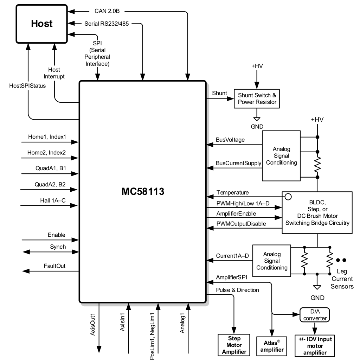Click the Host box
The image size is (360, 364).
point(41,24)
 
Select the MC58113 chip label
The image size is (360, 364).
point(143,191)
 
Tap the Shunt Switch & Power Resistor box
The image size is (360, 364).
point(257,99)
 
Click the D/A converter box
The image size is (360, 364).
point(315,315)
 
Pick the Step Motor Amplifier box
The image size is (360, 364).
point(234,345)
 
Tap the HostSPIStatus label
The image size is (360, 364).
point(27,85)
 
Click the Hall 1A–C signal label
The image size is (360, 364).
point(52,200)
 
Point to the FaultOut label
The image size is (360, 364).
point(54,266)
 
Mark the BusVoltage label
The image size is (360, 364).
point(230,140)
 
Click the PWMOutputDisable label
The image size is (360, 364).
point(241,223)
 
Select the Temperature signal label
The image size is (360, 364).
point(232,192)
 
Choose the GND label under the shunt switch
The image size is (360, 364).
point(257,126)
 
